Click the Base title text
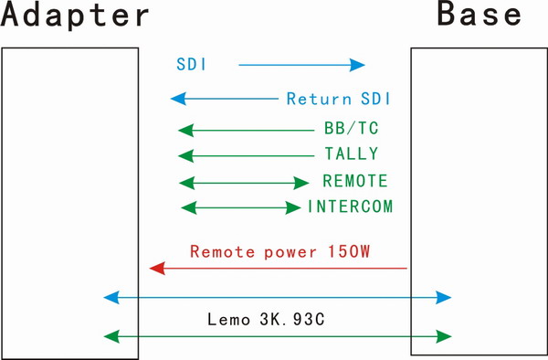[x=479, y=16]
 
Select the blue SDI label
[x=192, y=65]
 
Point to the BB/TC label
[x=351, y=129]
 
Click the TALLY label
[x=351, y=154]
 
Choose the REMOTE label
[x=354, y=181]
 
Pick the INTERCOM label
[x=350, y=206]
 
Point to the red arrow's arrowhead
[x=156, y=268]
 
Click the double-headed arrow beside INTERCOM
[x=241, y=207]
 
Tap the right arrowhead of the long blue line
[x=445, y=297]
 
